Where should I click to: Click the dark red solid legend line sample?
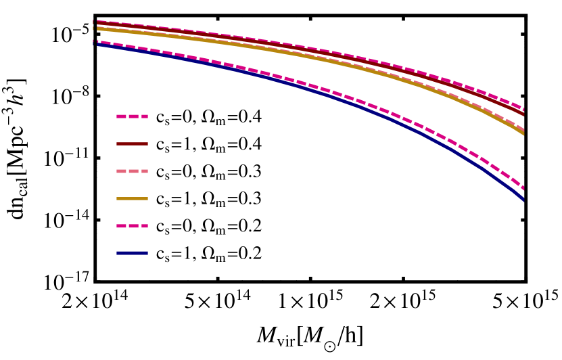pos(132,143)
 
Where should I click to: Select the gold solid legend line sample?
pos(132,198)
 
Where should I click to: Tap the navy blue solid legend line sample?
pos(132,253)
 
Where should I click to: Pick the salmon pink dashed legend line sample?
pos(132,171)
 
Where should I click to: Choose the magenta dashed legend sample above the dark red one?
pos(132,116)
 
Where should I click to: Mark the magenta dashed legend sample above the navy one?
pos(132,226)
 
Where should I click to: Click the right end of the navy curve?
pos(523,199)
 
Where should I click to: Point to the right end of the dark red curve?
pos(523,114)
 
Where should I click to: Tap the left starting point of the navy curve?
pos(95,45)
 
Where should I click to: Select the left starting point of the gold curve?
pos(95,28)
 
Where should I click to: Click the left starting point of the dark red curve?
pos(95,22)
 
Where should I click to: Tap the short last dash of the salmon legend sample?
pos(145,171)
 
